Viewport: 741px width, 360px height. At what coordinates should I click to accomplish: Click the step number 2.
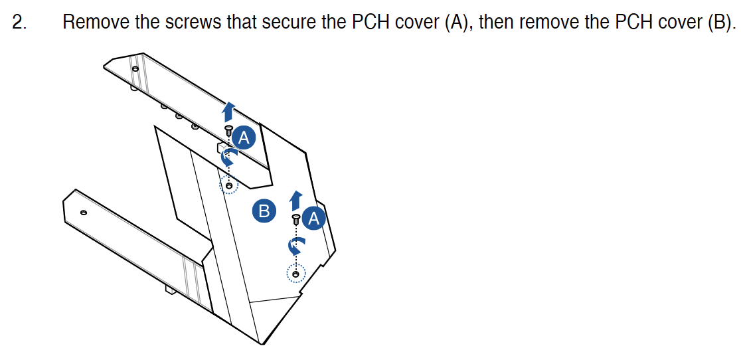(x=19, y=23)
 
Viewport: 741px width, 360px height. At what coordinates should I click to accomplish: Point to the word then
(x=497, y=23)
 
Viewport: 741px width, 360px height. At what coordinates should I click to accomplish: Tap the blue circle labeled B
(x=264, y=211)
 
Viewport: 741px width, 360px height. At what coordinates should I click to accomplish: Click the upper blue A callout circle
(x=244, y=137)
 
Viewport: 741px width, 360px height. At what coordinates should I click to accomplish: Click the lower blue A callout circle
(x=314, y=218)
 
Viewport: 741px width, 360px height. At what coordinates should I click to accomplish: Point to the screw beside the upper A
(x=228, y=129)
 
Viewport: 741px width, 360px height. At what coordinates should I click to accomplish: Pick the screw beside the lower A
(x=296, y=219)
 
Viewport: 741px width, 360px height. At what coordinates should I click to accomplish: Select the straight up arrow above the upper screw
(x=228, y=112)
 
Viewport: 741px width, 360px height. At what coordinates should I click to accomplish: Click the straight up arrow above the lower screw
(x=296, y=201)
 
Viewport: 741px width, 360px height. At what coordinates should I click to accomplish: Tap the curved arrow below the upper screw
(x=228, y=155)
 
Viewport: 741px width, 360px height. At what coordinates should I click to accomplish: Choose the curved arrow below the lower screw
(x=296, y=246)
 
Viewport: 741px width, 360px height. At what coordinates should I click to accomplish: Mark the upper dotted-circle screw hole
(x=229, y=185)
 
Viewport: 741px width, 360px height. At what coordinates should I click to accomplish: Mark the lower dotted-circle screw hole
(x=296, y=274)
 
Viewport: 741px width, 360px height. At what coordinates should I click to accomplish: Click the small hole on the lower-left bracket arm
(x=84, y=213)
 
